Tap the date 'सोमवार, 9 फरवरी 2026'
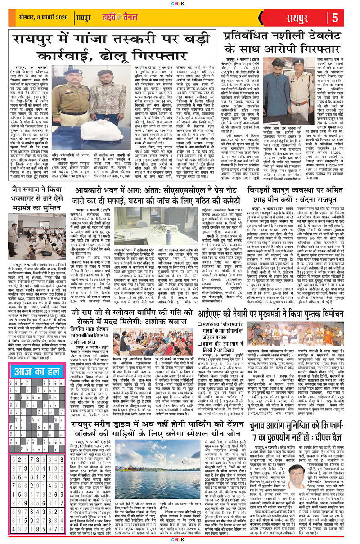[34, 18]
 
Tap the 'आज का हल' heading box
[33, 346]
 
